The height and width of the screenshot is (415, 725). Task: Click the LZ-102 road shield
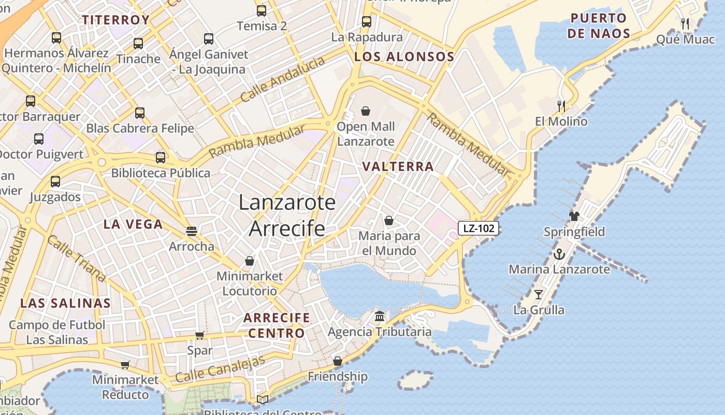478,228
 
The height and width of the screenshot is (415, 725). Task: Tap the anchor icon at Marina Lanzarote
559,254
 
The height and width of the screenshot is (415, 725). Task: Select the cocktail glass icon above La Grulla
539,295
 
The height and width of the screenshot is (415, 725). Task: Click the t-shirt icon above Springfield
574,216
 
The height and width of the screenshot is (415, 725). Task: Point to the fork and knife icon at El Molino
561,106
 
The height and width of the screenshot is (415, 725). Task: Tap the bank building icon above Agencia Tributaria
380,316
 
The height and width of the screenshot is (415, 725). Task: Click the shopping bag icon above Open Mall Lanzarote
366,111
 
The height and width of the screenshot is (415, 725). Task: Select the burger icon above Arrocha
192,231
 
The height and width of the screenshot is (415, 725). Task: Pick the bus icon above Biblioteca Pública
161,157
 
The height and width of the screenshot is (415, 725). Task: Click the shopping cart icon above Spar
199,336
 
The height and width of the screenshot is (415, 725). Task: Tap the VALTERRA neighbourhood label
398,167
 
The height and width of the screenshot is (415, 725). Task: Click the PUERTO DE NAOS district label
599,26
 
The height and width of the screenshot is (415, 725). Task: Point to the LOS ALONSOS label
404,57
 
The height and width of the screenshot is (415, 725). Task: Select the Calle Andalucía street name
283,79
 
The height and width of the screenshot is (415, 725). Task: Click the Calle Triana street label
76,258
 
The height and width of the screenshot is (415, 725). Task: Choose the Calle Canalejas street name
220,369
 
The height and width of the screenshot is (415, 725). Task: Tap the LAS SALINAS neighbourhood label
65,303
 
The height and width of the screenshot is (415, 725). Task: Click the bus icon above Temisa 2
262,10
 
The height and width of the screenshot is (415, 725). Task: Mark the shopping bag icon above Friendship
338,361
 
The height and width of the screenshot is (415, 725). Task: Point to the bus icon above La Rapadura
367,22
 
